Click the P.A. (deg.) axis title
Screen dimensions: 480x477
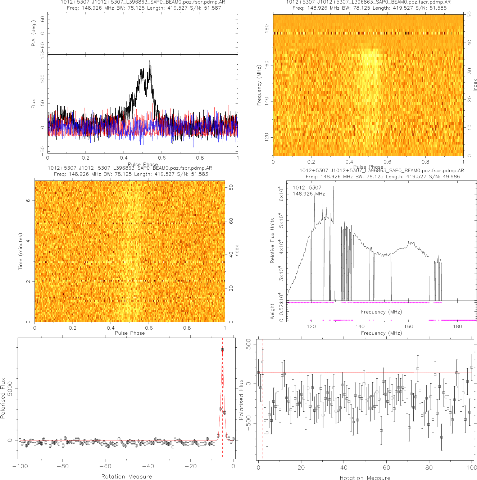click(x=33, y=33)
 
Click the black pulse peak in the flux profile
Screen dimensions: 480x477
click(x=150, y=61)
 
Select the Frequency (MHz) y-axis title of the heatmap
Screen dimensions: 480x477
click(x=259, y=85)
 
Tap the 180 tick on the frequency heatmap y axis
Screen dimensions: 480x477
click(x=267, y=29)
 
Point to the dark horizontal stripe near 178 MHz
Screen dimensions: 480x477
click(x=368, y=33)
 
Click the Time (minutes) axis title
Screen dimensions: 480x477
click(x=21, y=251)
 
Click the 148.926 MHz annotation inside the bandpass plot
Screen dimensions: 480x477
click(x=309, y=194)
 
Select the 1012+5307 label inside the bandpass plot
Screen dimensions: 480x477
click(x=307, y=188)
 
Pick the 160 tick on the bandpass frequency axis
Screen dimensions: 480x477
click(x=409, y=326)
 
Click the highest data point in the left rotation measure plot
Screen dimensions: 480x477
click(x=222, y=349)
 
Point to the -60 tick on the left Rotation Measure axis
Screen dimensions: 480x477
click(x=105, y=466)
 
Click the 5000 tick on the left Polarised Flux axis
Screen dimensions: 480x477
click(x=10, y=389)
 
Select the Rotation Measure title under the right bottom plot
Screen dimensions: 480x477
click(x=365, y=477)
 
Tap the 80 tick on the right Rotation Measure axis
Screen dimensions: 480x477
click(x=429, y=468)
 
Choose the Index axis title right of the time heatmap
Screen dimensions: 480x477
click(x=236, y=251)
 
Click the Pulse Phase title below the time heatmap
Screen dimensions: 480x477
click(x=130, y=333)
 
